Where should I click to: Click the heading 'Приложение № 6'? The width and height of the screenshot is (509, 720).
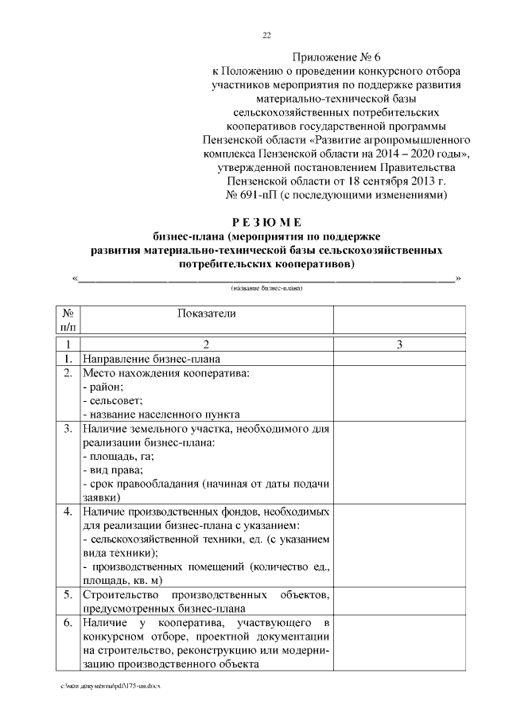[x=336, y=58]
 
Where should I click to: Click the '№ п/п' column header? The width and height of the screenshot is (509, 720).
[x=68, y=320]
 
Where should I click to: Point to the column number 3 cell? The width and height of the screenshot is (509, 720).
[x=399, y=344]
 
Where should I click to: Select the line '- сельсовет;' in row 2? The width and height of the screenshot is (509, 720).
[x=112, y=400]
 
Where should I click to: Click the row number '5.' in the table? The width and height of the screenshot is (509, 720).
[x=68, y=594]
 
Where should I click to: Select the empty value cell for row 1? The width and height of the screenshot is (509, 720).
[x=399, y=359]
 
